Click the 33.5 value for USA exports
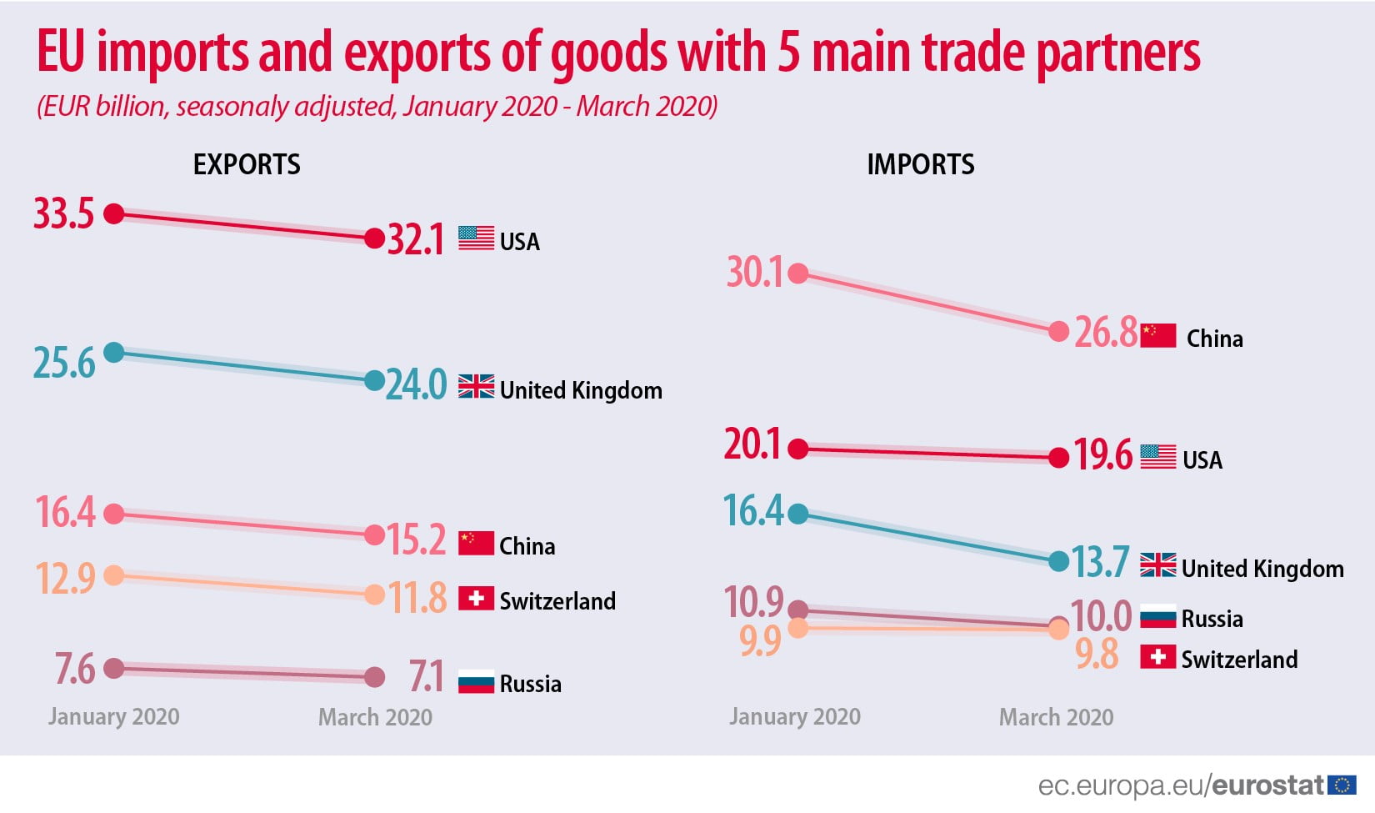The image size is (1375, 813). pyautogui.click(x=63, y=214)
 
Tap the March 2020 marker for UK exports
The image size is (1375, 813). pyautogui.click(x=375, y=381)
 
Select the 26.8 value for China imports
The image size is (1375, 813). pyautogui.click(x=1105, y=333)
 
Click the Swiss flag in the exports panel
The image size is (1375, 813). pyautogui.click(x=476, y=599)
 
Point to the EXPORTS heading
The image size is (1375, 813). pyautogui.click(x=247, y=164)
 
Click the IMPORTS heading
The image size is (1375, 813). pyautogui.click(x=920, y=164)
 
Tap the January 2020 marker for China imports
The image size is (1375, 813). pyautogui.click(x=798, y=274)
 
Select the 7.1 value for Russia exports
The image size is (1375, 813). pyautogui.click(x=426, y=676)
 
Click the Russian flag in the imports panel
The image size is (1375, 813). pyautogui.click(x=1157, y=616)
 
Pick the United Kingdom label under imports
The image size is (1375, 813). pyautogui.click(x=1262, y=569)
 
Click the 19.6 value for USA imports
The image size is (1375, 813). pyautogui.click(x=1102, y=455)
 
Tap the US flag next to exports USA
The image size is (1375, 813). pyautogui.click(x=476, y=238)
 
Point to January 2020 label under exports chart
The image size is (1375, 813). pyautogui.click(x=113, y=716)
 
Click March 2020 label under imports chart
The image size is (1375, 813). pyautogui.click(x=1056, y=717)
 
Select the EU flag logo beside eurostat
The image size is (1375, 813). pyautogui.click(x=1342, y=785)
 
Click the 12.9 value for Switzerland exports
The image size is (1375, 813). pyautogui.click(x=65, y=578)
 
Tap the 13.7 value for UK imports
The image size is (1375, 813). pyautogui.click(x=1100, y=563)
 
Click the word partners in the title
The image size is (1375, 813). pyautogui.click(x=1117, y=53)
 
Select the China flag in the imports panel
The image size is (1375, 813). pyautogui.click(x=1157, y=335)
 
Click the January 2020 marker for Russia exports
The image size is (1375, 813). pyautogui.click(x=114, y=668)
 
